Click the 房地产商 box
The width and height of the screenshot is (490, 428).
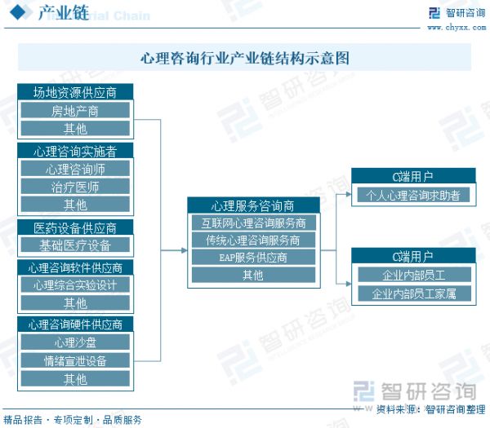[x=75, y=110]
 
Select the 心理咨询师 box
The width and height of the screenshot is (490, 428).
[x=75, y=169]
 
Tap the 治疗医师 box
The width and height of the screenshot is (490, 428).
[x=75, y=187]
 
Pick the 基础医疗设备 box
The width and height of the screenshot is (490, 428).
[x=75, y=245]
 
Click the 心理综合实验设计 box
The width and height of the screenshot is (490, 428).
[x=75, y=285]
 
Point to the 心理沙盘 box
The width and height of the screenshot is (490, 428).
[x=75, y=342]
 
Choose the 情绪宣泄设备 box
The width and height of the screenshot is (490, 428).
[x=75, y=360]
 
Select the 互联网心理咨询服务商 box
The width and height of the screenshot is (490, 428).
[x=253, y=223]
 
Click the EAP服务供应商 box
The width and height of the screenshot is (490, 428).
[x=253, y=257]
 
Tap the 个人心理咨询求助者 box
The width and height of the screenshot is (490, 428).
[x=413, y=195]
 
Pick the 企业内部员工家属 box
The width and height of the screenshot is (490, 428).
[x=414, y=293]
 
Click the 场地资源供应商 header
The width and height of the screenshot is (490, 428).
[x=75, y=92]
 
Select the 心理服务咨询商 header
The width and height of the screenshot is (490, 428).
[x=253, y=205]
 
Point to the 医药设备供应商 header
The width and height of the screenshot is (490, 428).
[x=75, y=227]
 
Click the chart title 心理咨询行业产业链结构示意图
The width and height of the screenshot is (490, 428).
[x=245, y=58]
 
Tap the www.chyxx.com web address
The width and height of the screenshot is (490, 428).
[x=457, y=28]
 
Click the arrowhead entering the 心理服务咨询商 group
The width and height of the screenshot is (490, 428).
[x=185, y=250]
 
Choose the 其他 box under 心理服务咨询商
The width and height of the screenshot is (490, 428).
[x=253, y=275]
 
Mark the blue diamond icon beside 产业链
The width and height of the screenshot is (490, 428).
[x=18, y=12]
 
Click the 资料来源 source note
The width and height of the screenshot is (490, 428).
[x=430, y=409]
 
